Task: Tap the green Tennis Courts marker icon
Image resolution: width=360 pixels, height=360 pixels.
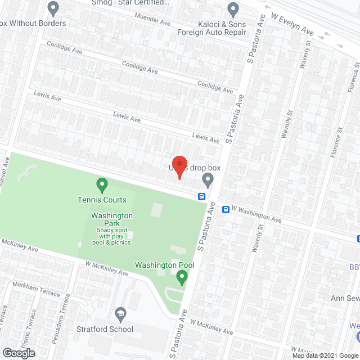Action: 102,184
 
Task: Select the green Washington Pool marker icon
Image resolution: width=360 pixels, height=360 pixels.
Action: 181,276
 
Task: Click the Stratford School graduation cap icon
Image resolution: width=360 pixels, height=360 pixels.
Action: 120,313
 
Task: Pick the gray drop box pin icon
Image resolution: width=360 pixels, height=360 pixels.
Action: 208,180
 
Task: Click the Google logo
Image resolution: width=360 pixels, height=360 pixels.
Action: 18,353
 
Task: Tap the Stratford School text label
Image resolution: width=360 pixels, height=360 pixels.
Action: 106,329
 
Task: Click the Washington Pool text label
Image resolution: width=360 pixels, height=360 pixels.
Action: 164,265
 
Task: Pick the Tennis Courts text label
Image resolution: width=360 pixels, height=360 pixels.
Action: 102,200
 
